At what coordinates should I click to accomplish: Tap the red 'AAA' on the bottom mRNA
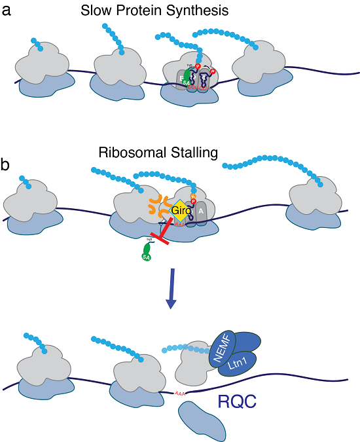click(179, 394)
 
